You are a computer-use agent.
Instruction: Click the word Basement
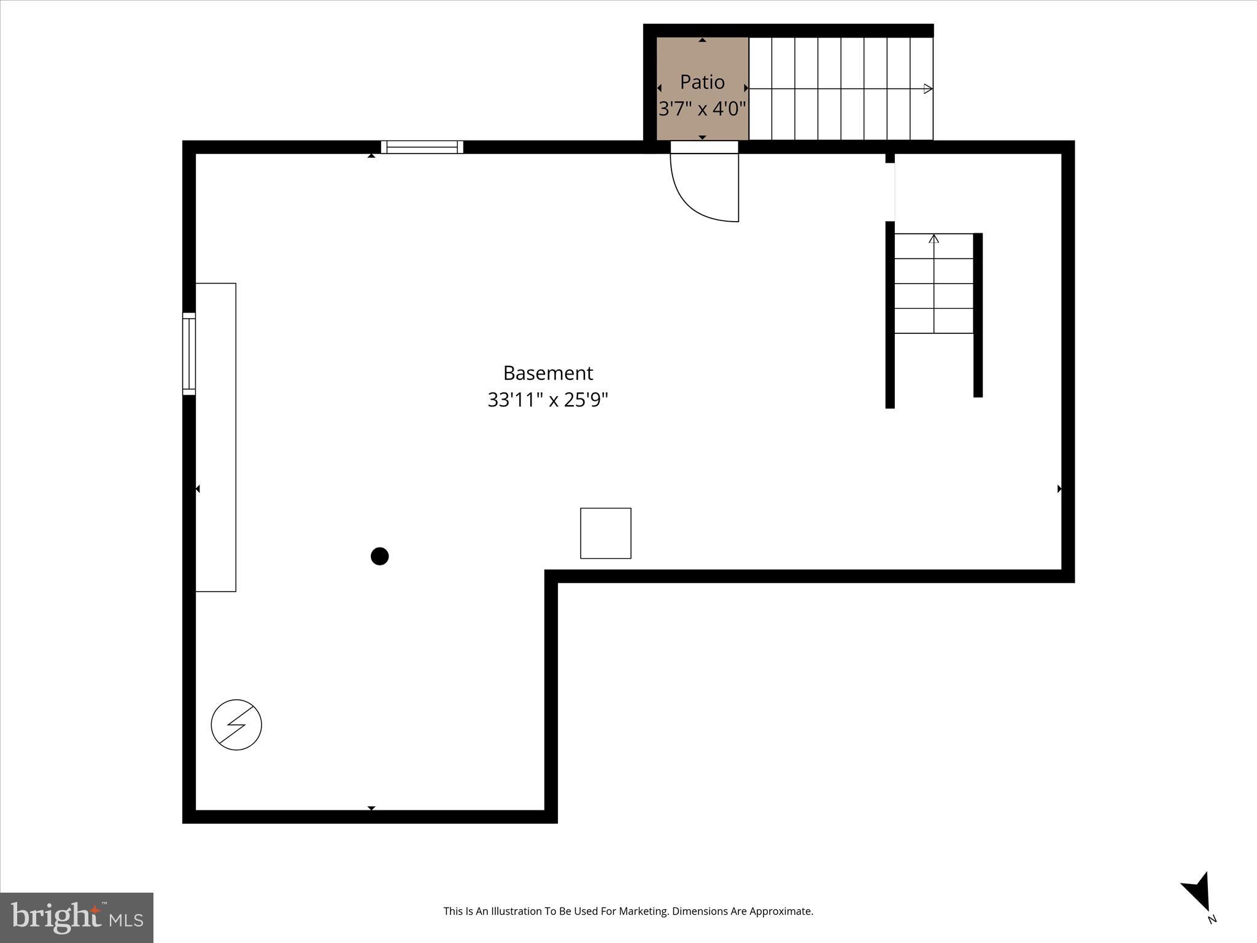[547, 373]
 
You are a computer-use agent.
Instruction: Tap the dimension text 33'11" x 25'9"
[547, 400]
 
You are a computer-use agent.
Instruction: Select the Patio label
[702, 82]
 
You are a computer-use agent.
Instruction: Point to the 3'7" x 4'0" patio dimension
[702, 109]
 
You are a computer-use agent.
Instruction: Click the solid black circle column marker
[380, 556]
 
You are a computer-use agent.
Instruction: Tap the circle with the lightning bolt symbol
[236, 724]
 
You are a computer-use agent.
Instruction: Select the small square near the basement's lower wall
[606, 534]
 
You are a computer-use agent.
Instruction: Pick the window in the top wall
[422, 147]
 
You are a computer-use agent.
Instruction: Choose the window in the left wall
[189, 354]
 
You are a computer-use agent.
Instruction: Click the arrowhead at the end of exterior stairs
[928, 89]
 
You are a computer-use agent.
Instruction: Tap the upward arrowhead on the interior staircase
[934, 239]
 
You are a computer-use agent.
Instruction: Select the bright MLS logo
[77, 917]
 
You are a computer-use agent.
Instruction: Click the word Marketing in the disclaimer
[644, 911]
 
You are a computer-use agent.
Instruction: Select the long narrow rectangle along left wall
[215, 437]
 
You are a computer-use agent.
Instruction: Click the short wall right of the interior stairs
[978, 315]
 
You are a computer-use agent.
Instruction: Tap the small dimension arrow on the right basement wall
[1059, 489]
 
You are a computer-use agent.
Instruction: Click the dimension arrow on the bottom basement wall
[371, 808]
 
